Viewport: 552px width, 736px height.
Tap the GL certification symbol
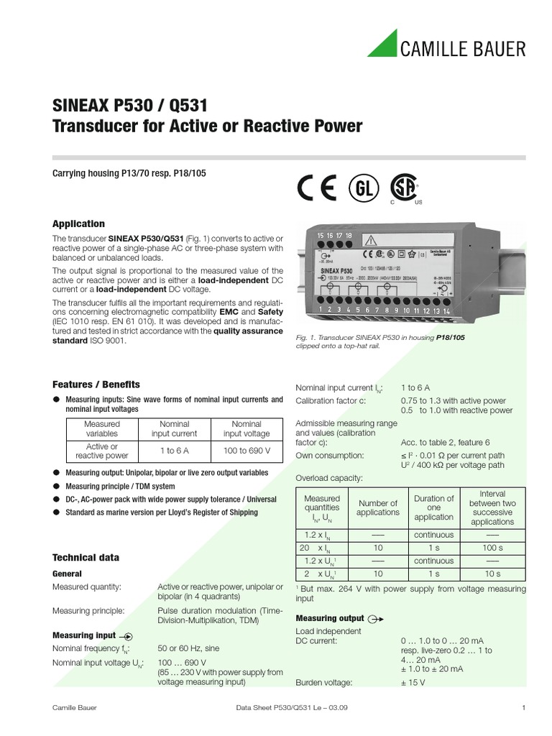[364, 188]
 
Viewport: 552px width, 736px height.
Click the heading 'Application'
[79, 224]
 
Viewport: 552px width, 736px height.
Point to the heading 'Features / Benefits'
[96, 385]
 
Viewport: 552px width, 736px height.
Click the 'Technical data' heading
[86, 557]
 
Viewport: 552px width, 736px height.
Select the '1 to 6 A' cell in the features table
[174, 451]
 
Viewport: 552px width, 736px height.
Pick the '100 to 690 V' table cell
[247, 451]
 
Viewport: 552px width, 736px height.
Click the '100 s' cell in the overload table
[492, 548]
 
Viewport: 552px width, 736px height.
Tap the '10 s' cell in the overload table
[492, 574]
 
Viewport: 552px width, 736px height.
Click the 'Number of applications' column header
[378, 507]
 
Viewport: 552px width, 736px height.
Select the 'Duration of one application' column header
[433, 507]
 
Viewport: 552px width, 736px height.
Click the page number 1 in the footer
[524, 708]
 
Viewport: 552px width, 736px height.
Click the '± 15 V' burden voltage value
[413, 682]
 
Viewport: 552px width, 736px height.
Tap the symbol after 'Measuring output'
[376, 619]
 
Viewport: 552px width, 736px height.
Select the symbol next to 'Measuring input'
[126, 635]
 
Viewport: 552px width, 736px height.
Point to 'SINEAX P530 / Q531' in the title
[130, 106]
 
